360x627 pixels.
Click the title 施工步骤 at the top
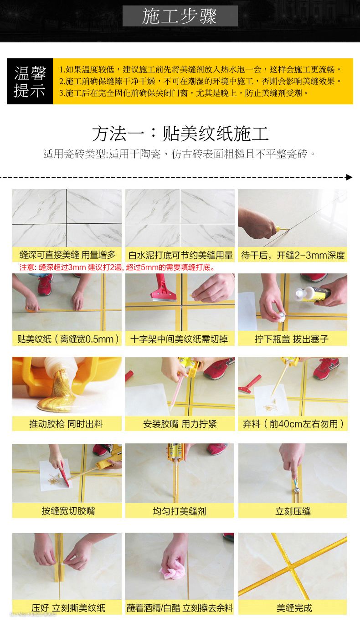tap(180, 16)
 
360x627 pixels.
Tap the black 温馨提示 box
tap(30, 81)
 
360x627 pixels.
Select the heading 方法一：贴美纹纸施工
tap(180, 134)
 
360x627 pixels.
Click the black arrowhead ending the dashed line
tap(349, 177)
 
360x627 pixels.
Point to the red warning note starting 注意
tap(118, 267)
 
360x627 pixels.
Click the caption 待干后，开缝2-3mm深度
tap(293, 255)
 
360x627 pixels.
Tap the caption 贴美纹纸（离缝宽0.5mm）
tap(67, 339)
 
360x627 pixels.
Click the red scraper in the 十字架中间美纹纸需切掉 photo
tap(162, 288)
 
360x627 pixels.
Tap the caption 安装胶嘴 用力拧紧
tap(180, 424)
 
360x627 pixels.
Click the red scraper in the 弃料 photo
tap(249, 384)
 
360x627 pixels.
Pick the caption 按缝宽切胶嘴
tap(68, 511)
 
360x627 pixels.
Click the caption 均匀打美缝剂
tap(180, 511)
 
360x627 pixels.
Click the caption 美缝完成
tap(294, 608)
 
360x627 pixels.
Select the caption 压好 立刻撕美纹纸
tap(68, 608)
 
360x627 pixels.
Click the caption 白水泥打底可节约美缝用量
tap(180, 255)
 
